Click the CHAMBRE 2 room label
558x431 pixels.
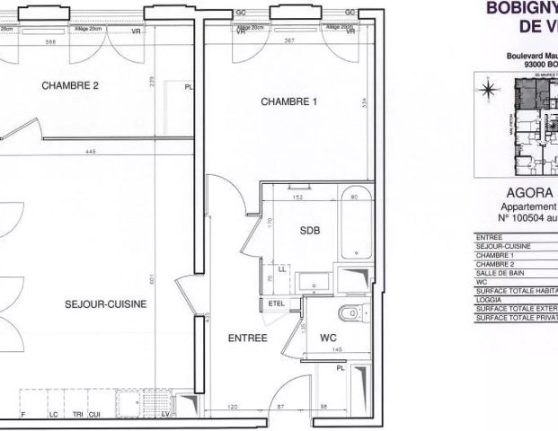(x=69, y=86)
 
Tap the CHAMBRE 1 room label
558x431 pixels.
(x=289, y=101)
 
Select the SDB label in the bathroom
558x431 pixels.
(x=309, y=229)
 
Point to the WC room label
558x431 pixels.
(x=327, y=338)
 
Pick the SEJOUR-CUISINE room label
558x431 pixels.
(x=106, y=304)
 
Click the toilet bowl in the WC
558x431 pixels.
(x=345, y=313)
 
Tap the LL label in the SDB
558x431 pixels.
(x=283, y=268)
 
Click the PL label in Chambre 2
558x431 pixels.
(x=188, y=87)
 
